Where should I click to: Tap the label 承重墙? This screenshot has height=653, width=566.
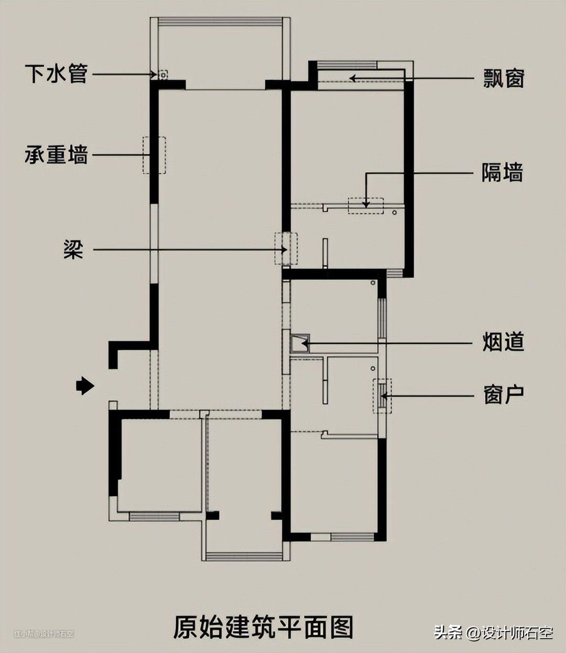[x=56, y=155]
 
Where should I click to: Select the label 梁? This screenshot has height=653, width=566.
[x=74, y=249]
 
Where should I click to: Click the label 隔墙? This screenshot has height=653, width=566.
[x=502, y=173]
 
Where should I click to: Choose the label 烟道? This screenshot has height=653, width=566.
[x=503, y=343]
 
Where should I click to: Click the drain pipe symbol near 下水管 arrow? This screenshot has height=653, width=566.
[x=163, y=75]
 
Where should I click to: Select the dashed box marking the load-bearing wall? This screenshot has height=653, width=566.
[x=155, y=155]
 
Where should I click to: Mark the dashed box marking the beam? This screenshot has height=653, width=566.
[x=286, y=249]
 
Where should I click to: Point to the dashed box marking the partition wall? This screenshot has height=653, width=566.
[x=366, y=205]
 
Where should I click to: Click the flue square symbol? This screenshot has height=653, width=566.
[x=300, y=343]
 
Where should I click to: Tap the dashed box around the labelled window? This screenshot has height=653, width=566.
[x=382, y=396]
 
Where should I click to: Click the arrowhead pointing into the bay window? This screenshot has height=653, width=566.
[x=353, y=78]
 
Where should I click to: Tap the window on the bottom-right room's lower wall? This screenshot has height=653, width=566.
[x=352, y=536]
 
